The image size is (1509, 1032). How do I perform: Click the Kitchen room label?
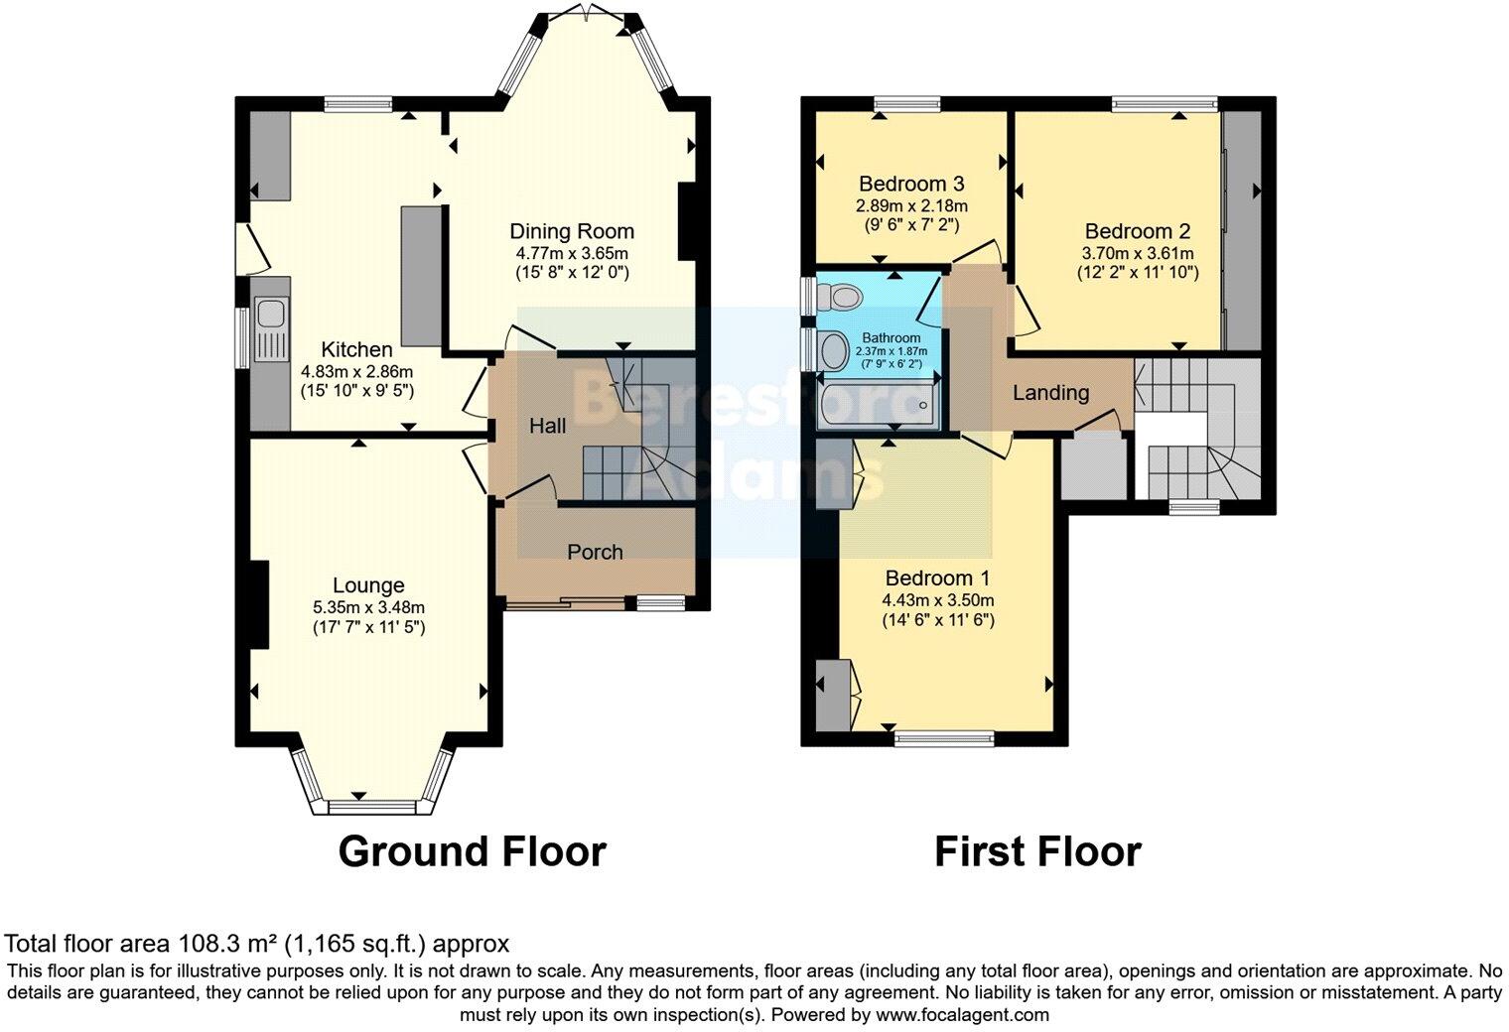tap(356, 349)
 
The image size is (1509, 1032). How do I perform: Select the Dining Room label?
tap(571, 231)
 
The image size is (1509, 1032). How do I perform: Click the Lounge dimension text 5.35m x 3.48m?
tap(368, 607)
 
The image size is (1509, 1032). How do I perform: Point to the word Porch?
tap(595, 552)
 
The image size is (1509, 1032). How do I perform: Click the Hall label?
tap(547, 426)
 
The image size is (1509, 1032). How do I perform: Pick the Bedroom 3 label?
tap(911, 184)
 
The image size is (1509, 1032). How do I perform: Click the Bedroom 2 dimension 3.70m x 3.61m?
tap(1137, 252)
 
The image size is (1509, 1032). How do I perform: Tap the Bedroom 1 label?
tap(937, 578)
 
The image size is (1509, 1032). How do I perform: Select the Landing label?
tap(1050, 393)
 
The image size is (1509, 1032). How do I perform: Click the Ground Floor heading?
tap(472, 851)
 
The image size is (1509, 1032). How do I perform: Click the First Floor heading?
tap(1037, 851)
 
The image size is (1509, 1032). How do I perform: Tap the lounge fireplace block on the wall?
tap(258, 604)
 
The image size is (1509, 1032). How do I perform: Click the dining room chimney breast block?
tap(686, 221)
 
